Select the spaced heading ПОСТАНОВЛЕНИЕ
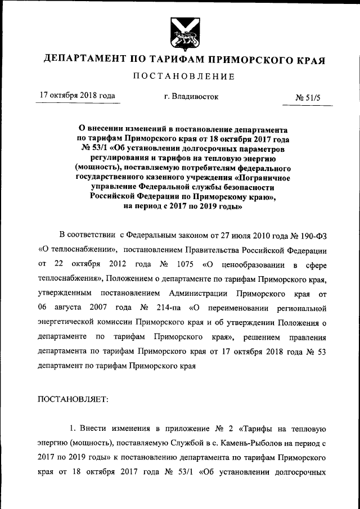[x=183, y=76]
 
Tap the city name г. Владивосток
[x=191, y=97]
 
